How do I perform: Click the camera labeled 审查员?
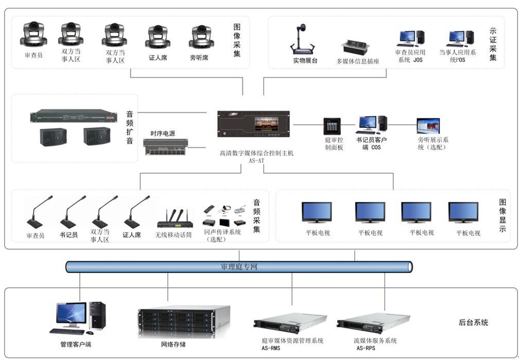point(33,35)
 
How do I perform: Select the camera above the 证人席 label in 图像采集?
point(158,37)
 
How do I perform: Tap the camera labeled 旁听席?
point(201,37)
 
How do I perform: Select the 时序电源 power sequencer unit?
point(165,147)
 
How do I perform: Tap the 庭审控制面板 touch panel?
point(332,126)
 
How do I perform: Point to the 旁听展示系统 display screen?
point(428,126)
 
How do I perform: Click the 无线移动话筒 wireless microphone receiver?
point(175,219)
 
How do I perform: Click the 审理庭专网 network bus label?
point(238,267)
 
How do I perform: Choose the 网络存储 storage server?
point(183,321)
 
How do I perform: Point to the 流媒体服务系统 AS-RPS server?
point(373,323)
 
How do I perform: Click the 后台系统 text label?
point(473,323)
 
